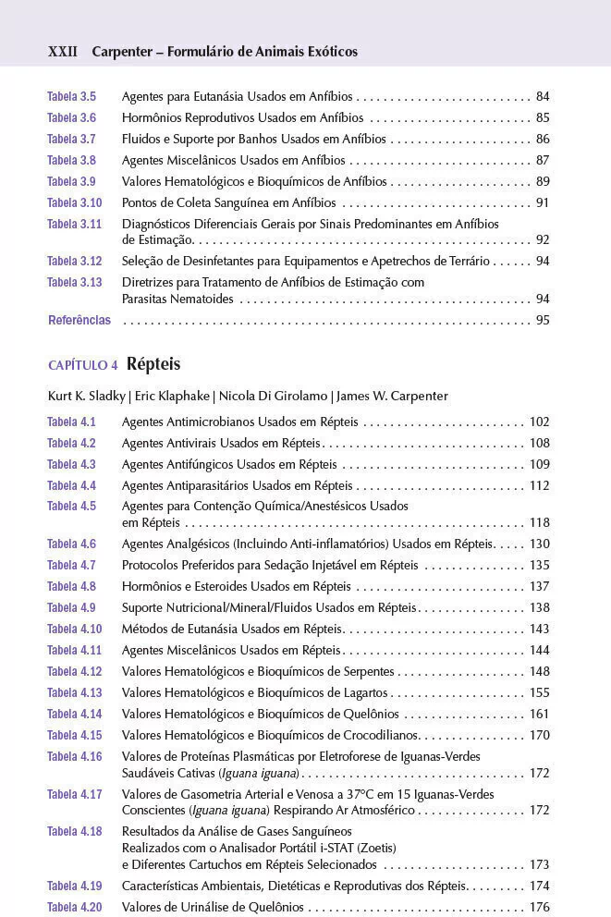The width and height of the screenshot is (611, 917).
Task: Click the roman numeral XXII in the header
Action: pos(62,52)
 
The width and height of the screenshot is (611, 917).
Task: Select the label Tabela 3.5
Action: pos(71,96)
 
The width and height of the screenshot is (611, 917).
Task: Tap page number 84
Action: pos(543,96)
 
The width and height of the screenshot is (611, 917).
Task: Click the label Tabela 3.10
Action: pos(74,202)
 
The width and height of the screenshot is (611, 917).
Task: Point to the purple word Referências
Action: pos(79,320)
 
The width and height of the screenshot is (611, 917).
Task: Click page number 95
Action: pos(543,320)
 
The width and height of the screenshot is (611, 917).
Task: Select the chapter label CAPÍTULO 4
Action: pos(82,365)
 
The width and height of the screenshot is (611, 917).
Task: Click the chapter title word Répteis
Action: pos(153,363)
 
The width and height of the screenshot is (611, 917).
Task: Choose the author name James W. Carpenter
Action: pos(392,396)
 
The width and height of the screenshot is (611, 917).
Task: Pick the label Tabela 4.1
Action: pos(71,422)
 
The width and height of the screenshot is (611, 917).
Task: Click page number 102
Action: pos(539,422)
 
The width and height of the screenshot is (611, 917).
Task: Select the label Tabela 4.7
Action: pos(71,565)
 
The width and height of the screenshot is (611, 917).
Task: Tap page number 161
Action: pos(539,714)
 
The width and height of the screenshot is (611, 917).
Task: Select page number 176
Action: pos(539,907)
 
